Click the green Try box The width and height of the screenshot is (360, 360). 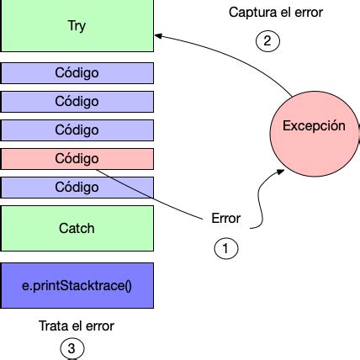coord(77,26)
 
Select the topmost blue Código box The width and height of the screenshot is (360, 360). coord(77,72)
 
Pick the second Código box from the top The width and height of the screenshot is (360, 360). coord(77,101)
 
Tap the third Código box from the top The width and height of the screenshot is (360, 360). coord(77,130)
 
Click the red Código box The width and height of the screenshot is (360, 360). coord(77,158)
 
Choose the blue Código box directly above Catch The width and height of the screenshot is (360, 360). coord(77,187)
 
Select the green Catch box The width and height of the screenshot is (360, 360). coord(77,228)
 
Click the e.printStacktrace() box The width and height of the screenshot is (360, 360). coord(77,286)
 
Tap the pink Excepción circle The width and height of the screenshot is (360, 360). coord(313,126)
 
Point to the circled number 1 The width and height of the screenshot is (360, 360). coord(226,248)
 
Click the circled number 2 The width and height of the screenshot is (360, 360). coord(267,40)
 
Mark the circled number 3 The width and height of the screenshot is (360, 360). coord(72,347)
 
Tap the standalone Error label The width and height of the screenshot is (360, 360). coord(225,219)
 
